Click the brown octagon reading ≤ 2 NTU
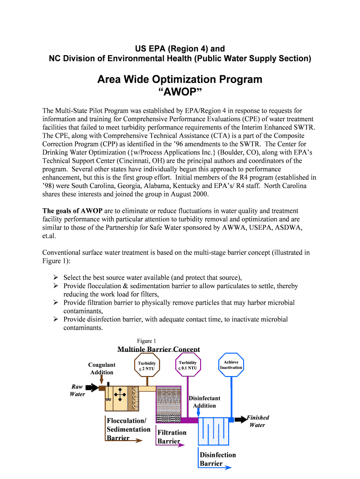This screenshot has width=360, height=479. pyautogui.click(x=146, y=366)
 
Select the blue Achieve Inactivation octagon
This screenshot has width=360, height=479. pyautogui.click(x=231, y=365)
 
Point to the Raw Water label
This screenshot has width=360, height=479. pyautogui.click(x=77, y=390)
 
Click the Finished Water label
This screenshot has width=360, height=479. pyautogui.click(x=258, y=421)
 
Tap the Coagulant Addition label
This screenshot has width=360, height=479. pyautogui.click(x=101, y=369)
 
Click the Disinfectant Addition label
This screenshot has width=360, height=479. pyautogui.click(x=204, y=402)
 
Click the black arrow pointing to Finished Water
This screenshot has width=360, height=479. pyautogui.click(x=240, y=420)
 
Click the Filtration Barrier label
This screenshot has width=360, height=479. pyautogui.click(x=171, y=437)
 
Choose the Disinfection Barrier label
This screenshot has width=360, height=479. pyautogui.click(x=217, y=459)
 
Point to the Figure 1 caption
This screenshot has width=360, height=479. pyautogui.click(x=146, y=341)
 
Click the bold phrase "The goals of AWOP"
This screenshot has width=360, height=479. pyautogui.click(x=72, y=211)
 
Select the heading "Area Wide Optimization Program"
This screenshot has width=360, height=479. pyautogui.click(x=180, y=80)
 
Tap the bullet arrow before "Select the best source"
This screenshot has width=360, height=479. pyautogui.click(x=55, y=277)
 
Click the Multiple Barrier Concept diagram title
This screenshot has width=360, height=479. pyautogui.click(x=158, y=349)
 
